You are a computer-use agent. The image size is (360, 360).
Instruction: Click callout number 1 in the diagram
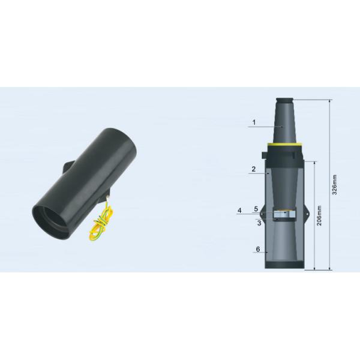[254, 122]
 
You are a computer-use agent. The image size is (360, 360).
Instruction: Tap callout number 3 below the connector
[259, 223]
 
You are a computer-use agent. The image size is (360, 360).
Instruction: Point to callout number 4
[239, 210]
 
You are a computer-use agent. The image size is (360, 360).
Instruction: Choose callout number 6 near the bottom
[257, 248]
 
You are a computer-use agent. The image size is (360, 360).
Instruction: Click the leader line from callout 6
[267, 253]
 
